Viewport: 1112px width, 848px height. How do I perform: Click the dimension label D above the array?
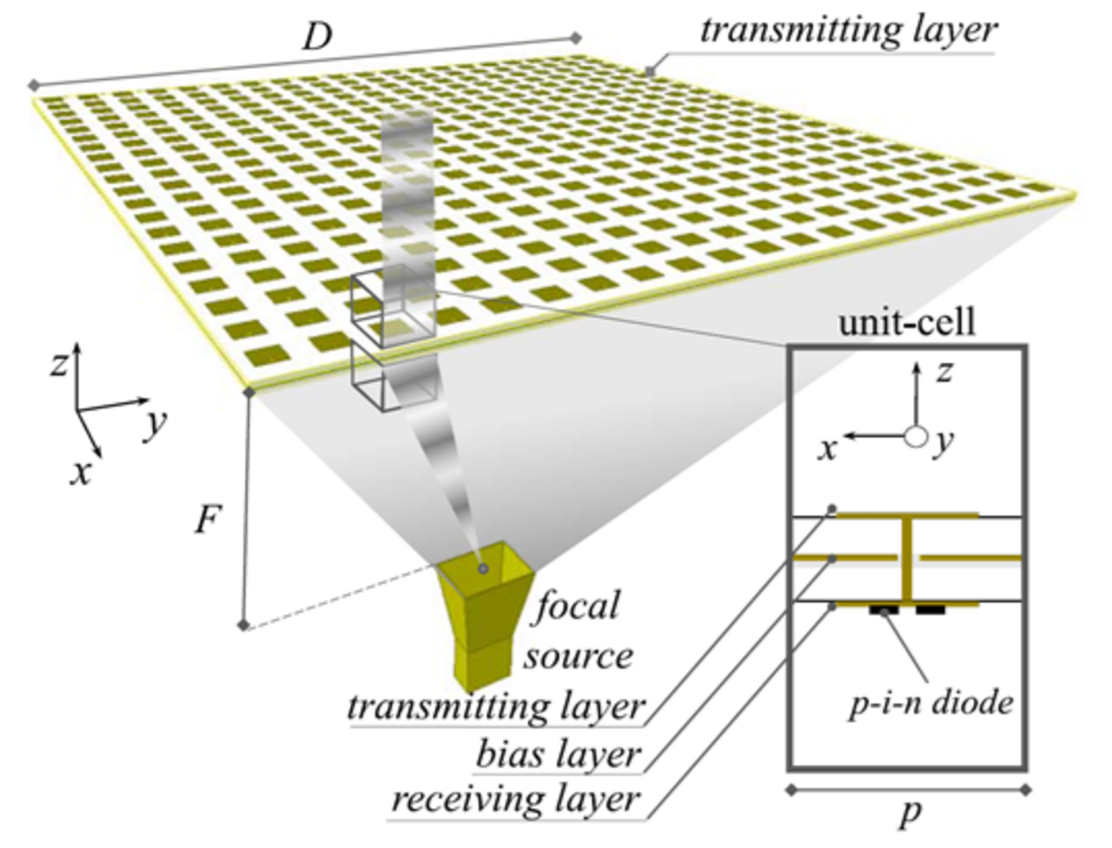(x=317, y=37)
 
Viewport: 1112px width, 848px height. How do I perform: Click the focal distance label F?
(x=208, y=520)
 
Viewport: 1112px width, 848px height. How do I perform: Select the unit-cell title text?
(x=907, y=322)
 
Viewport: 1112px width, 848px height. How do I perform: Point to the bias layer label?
(x=556, y=755)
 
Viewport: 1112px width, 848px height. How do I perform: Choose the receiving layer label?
(x=514, y=799)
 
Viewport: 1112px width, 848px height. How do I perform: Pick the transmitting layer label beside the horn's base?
(x=496, y=706)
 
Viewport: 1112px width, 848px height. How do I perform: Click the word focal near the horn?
(x=578, y=606)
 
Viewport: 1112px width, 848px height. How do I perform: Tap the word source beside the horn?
(x=578, y=657)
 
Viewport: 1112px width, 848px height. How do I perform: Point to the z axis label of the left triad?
(x=59, y=365)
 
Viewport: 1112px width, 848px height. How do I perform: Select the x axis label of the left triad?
(x=81, y=474)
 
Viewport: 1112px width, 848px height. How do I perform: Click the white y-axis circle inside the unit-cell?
(x=916, y=436)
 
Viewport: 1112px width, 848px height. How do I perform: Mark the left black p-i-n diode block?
(x=884, y=611)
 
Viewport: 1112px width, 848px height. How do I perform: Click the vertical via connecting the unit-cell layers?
(x=907, y=560)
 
